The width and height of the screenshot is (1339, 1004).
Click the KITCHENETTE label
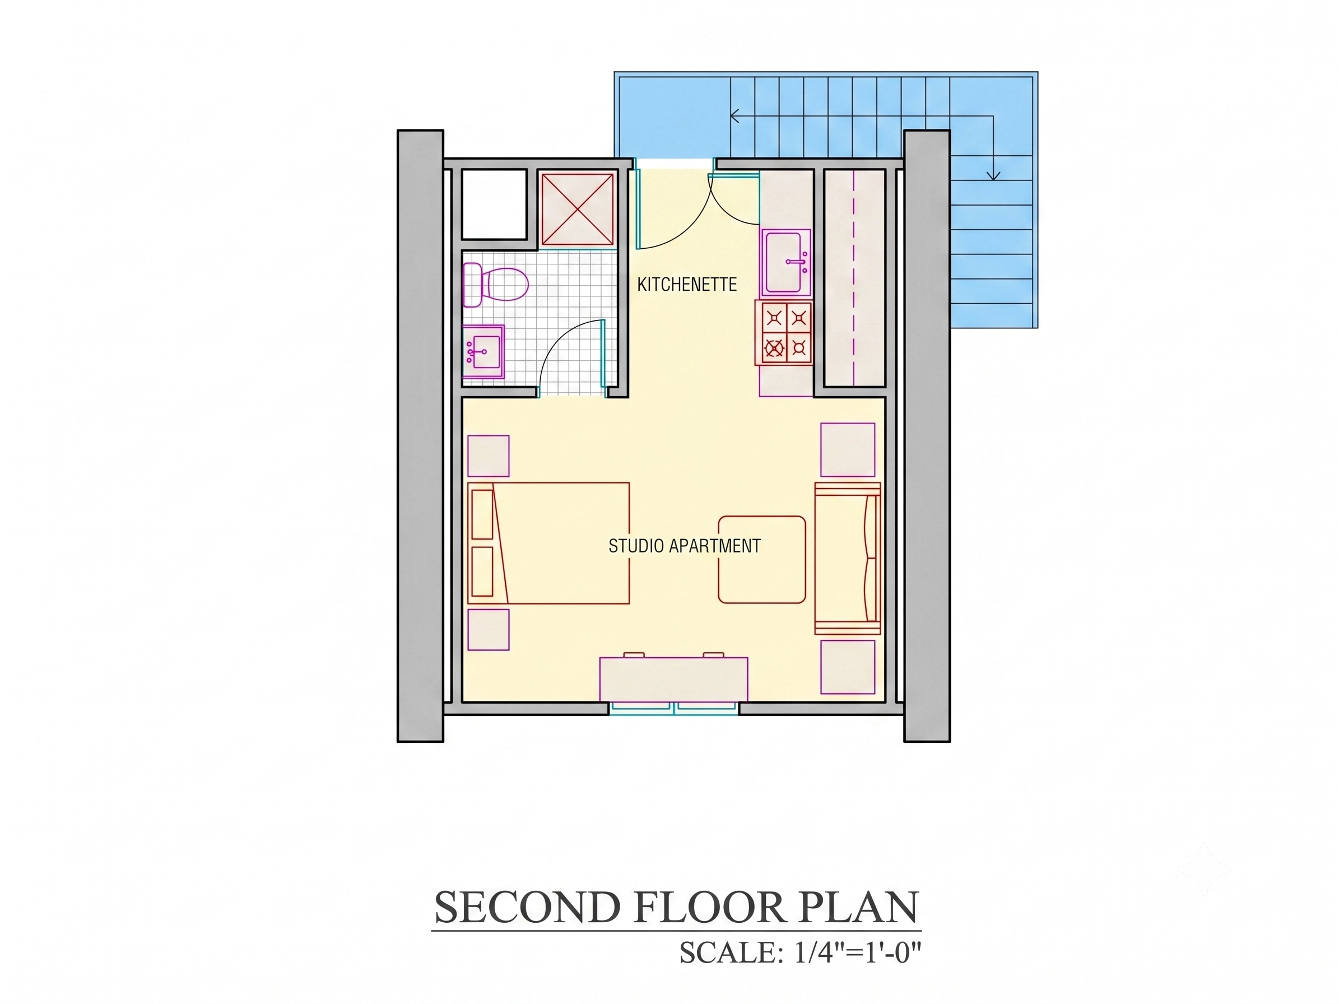coord(687,285)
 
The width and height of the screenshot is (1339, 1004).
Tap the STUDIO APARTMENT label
coord(684,546)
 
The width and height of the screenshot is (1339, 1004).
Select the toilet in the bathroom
coord(495,285)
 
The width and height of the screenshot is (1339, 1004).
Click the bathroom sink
coord(483,352)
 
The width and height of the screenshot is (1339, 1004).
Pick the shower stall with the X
coord(578,210)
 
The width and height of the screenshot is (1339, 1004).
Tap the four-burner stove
coord(783,333)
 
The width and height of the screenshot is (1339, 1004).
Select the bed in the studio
coord(548,543)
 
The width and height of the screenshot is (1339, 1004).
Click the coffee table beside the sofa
coord(762,559)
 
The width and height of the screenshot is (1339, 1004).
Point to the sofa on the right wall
coord(848,558)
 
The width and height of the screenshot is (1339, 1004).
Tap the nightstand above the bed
coord(489,455)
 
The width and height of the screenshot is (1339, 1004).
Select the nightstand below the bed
coord(489,629)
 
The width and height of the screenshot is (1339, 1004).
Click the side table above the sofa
coord(848,450)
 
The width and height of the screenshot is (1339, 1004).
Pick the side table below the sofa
coord(848,667)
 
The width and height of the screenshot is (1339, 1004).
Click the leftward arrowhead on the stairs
coord(734,115)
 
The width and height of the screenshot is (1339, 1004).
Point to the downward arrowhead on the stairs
coord(993,175)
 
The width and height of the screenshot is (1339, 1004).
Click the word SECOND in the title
coord(527,907)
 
